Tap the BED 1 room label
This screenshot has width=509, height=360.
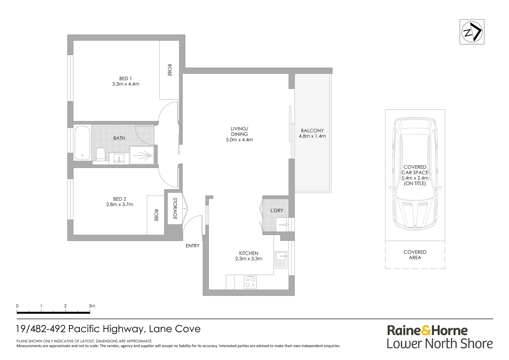click(126, 78)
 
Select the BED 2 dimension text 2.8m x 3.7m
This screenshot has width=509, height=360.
click(120, 204)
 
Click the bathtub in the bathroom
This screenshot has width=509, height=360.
click(83, 143)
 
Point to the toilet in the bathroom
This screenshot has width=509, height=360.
click(101, 154)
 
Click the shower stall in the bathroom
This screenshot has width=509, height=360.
click(142, 155)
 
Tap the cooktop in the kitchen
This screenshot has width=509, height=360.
click(251, 282)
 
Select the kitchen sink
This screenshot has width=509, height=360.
click(281, 260)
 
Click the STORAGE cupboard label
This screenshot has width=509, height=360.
click(175, 209)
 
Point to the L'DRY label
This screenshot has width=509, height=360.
click(277, 211)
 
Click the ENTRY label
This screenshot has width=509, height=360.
click(193, 246)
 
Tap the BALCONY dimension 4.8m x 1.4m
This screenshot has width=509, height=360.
click(312, 136)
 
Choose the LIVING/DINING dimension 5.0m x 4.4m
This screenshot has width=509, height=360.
click(239, 140)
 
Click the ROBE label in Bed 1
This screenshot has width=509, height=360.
click(170, 70)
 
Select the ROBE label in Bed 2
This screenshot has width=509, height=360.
click(156, 215)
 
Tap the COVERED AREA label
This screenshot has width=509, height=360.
click(415, 255)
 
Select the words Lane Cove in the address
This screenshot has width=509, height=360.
click(175, 329)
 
